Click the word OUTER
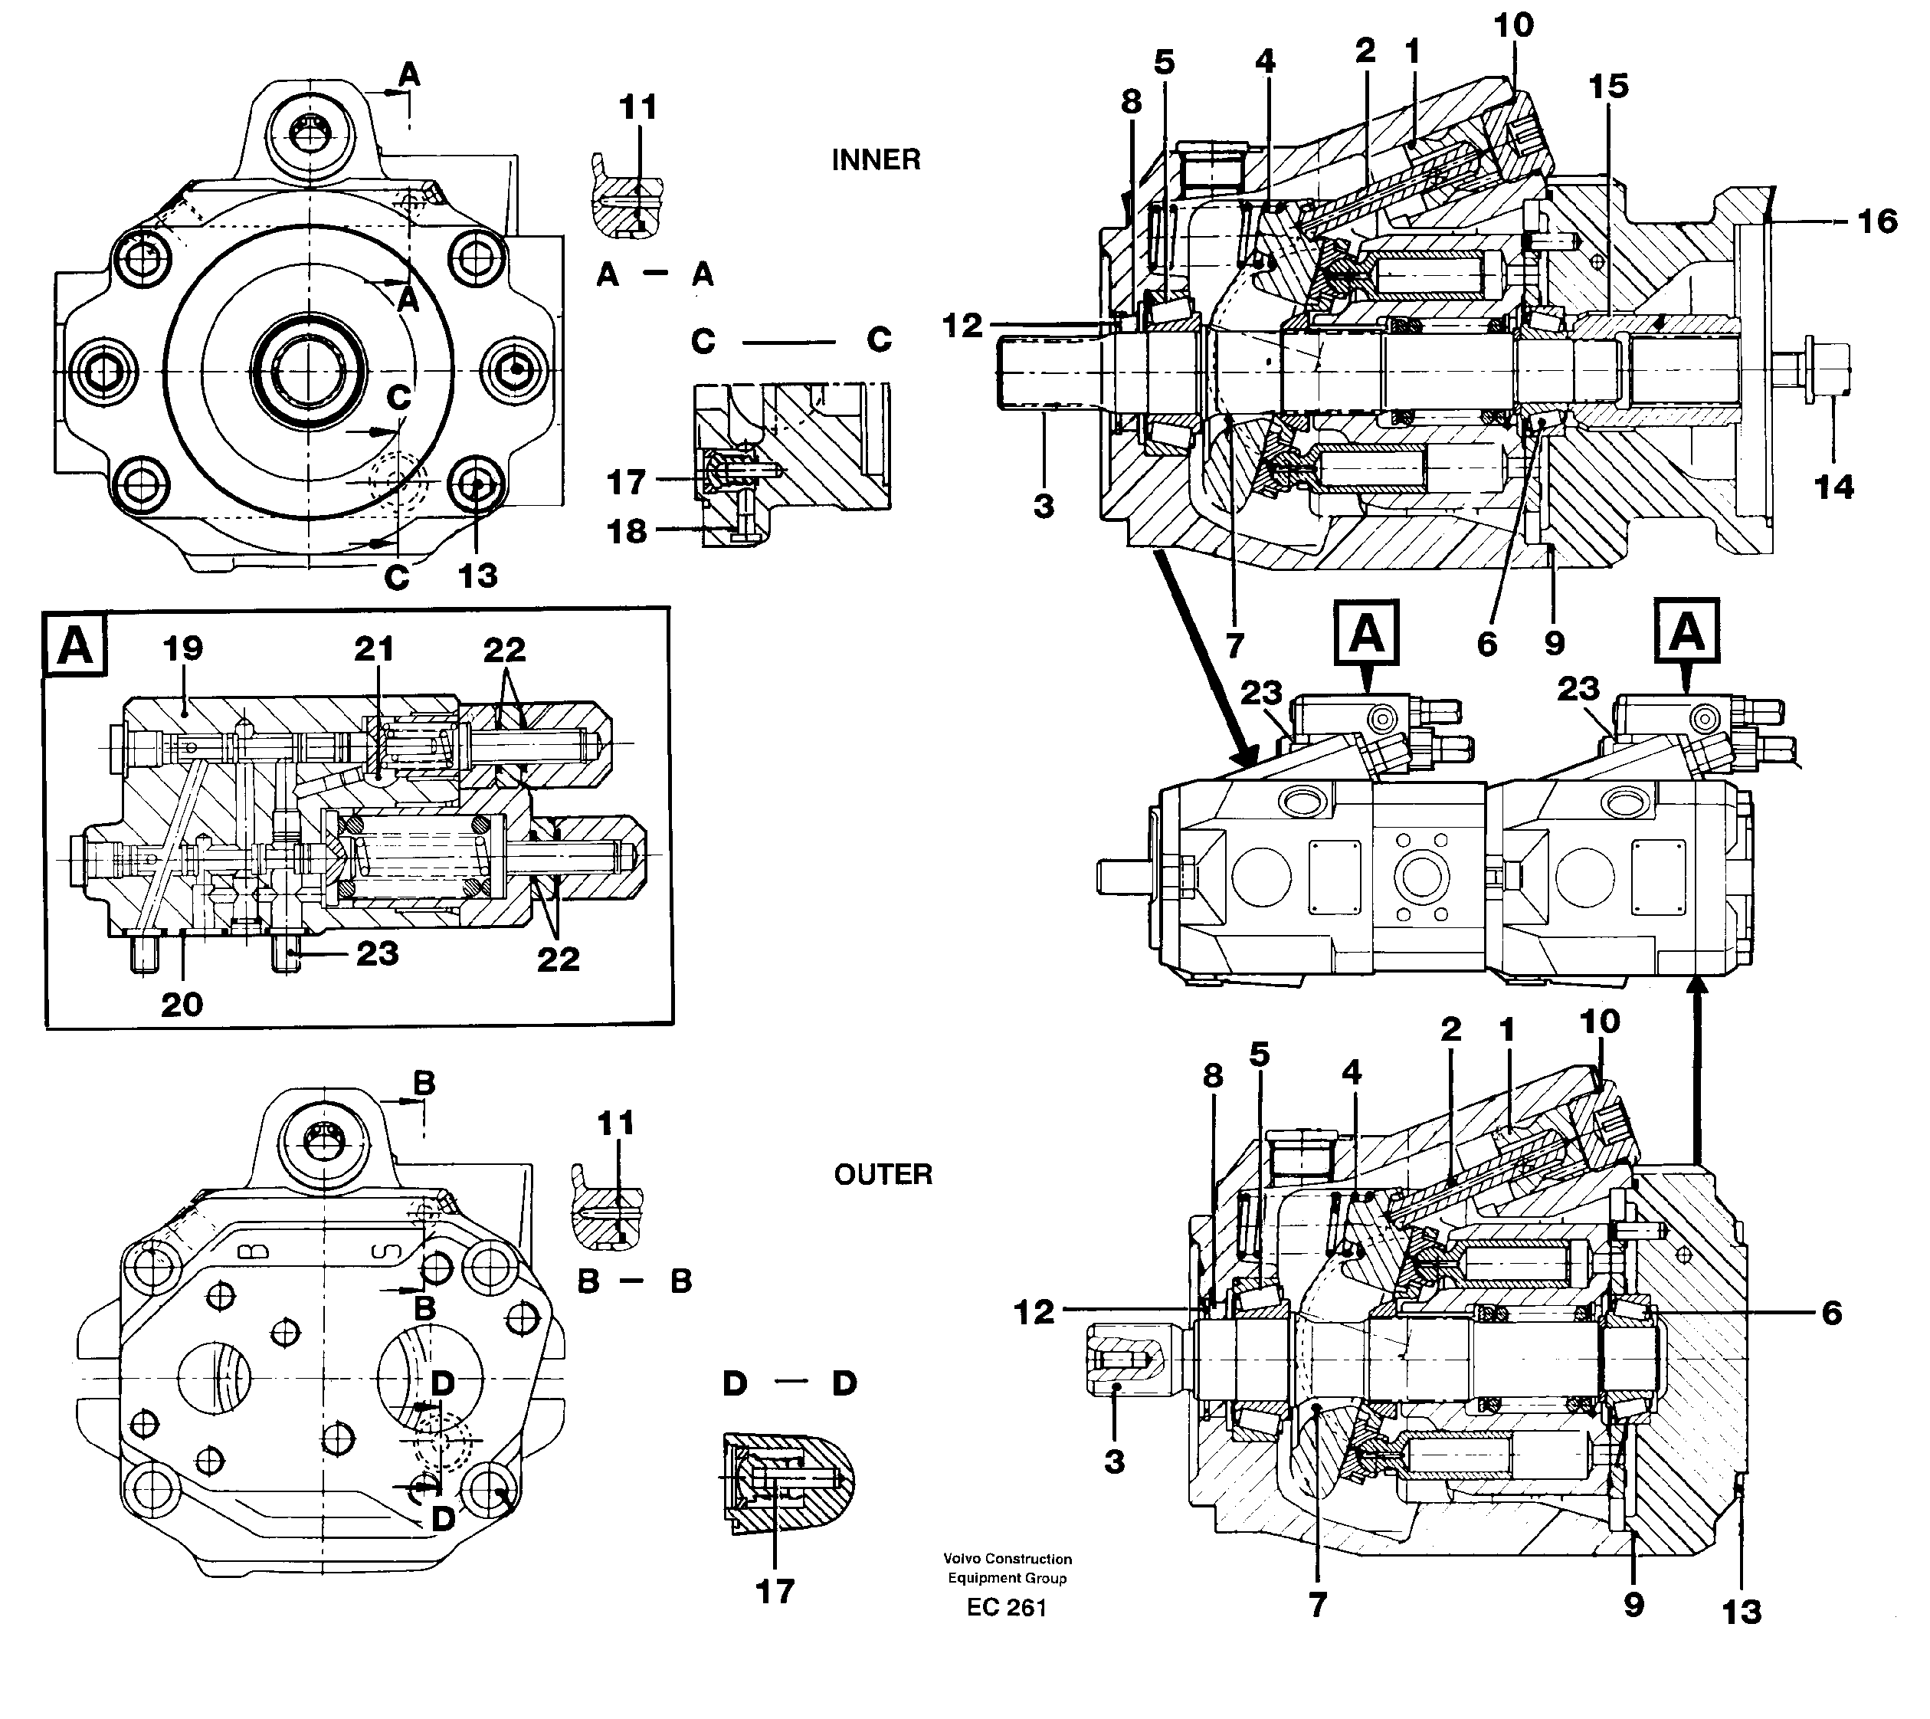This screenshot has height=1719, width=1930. click(x=882, y=1174)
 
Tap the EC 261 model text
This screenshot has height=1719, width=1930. click(x=1007, y=1606)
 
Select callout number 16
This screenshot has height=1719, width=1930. click(x=1876, y=222)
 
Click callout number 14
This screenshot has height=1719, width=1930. click(x=1833, y=487)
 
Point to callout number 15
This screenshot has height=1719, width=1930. click(x=1608, y=87)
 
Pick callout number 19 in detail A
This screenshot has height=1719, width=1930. click(x=182, y=649)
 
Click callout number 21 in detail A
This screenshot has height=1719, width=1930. click(x=374, y=649)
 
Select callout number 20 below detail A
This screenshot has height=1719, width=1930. click(x=182, y=1004)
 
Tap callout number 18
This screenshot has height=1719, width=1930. click(x=627, y=532)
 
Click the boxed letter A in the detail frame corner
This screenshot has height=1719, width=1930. click(x=76, y=646)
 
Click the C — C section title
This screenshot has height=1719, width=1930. click(x=791, y=341)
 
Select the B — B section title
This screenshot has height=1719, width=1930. click(x=634, y=1281)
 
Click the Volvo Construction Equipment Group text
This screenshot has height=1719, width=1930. click(x=1008, y=1568)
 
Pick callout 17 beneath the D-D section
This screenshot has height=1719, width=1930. click(x=775, y=1592)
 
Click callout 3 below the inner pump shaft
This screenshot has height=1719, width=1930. click(x=1044, y=507)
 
